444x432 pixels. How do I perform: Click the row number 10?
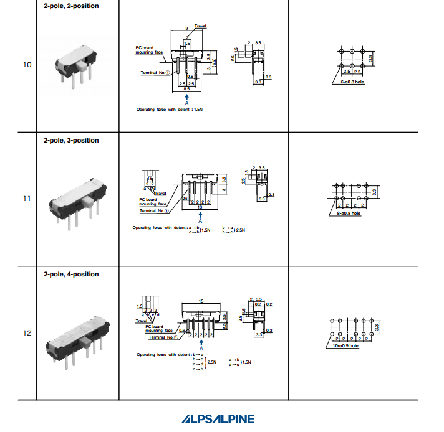[x=27, y=64]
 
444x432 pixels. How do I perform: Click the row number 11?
[x=27, y=199]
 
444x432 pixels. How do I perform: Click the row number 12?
[x=27, y=333]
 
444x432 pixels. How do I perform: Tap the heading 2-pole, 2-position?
[x=71, y=6]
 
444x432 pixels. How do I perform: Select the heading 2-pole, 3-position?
[x=71, y=141]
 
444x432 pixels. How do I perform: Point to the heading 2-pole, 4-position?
[x=71, y=275]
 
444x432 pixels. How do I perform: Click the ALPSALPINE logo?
[x=218, y=419]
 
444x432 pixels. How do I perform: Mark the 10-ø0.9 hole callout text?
[x=345, y=346]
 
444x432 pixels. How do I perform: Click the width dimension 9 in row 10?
[x=187, y=29]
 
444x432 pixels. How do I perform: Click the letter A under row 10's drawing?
[x=186, y=103]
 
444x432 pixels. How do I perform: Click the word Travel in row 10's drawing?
[x=201, y=26]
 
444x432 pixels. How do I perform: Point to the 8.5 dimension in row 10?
[x=187, y=90]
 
